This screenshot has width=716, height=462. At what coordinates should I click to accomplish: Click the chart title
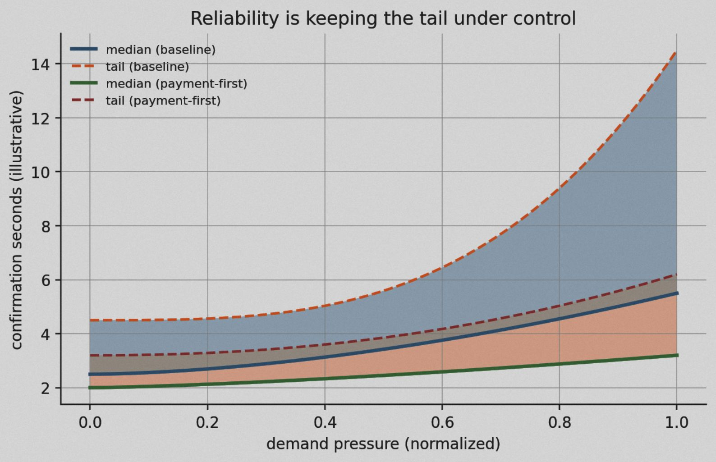click(x=383, y=18)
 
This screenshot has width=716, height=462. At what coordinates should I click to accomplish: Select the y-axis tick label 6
click(x=45, y=280)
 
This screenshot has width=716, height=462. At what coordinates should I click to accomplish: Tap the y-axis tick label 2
click(x=45, y=388)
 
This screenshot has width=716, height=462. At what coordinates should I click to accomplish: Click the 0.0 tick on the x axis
click(x=90, y=422)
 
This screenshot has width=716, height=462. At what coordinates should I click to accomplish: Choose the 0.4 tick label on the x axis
click(x=325, y=422)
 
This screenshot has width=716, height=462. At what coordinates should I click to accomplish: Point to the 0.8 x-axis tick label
click(x=560, y=422)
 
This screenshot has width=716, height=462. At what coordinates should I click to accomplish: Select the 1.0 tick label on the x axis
click(x=677, y=422)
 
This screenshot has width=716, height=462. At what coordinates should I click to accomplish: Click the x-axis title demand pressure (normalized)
click(x=383, y=444)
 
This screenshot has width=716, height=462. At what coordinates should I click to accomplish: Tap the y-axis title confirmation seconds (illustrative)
click(x=17, y=220)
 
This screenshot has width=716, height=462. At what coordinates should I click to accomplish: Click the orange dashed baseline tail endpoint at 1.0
click(x=676, y=52)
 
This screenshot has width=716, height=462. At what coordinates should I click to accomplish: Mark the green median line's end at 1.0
click(x=677, y=355)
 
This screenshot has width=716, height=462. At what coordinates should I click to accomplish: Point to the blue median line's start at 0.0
click(x=90, y=374)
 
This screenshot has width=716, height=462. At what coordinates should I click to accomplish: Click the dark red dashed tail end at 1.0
click(x=676, y=274)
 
